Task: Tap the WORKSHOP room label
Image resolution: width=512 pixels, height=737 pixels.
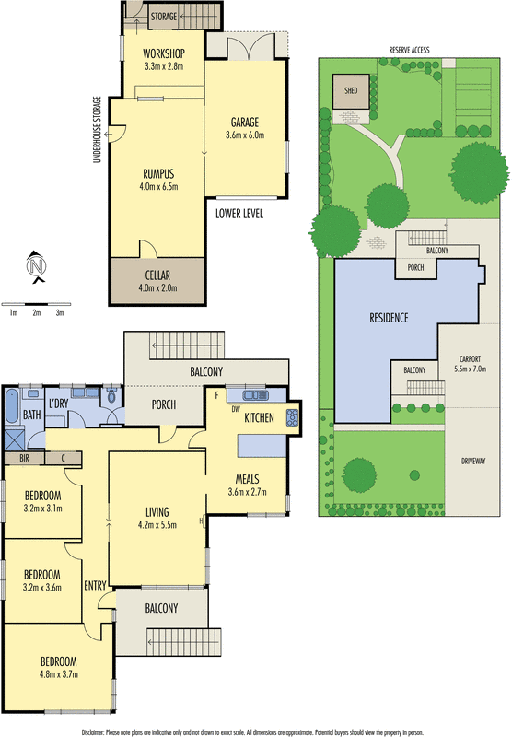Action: click(165, 52)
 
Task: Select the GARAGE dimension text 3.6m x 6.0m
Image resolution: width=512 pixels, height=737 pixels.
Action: click(244, 135)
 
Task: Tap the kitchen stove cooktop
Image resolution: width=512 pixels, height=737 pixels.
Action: click(294, 415)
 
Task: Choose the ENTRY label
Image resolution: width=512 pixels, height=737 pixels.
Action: click(95, 586)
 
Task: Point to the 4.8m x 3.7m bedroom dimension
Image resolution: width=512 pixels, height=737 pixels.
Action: click(57, 674)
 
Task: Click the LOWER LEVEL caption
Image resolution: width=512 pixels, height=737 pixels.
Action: click(239, 213)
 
